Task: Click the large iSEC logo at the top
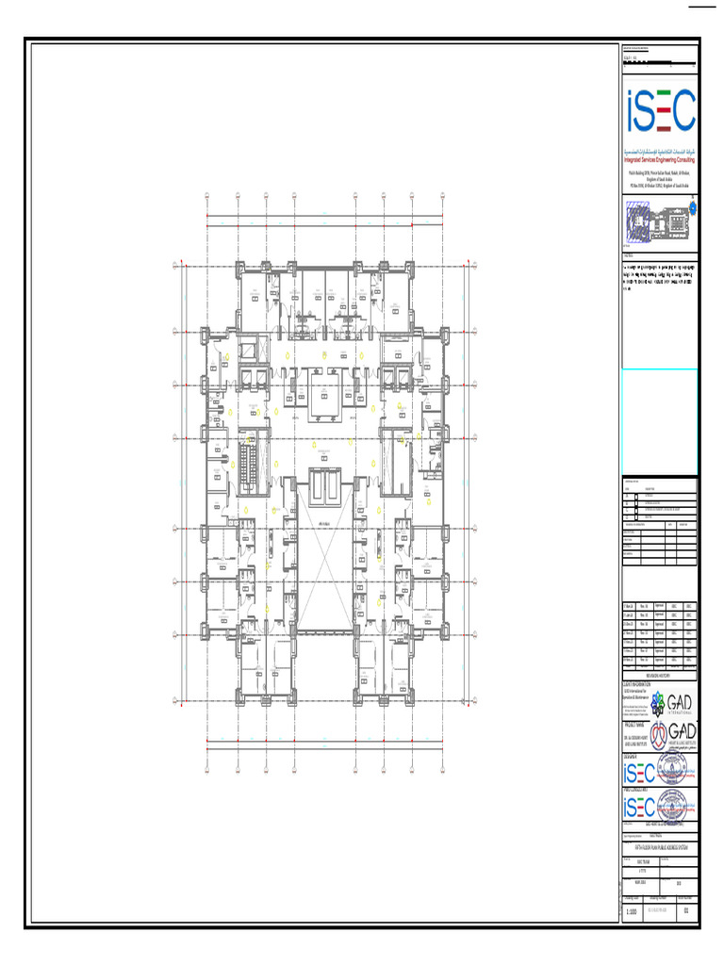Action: (660, 111)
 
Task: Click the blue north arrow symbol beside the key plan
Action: (693, 207)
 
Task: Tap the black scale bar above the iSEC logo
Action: (660, 62)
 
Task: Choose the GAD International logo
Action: (674, 704)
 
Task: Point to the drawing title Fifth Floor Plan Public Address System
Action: (660, 846)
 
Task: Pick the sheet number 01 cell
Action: (686, 912)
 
